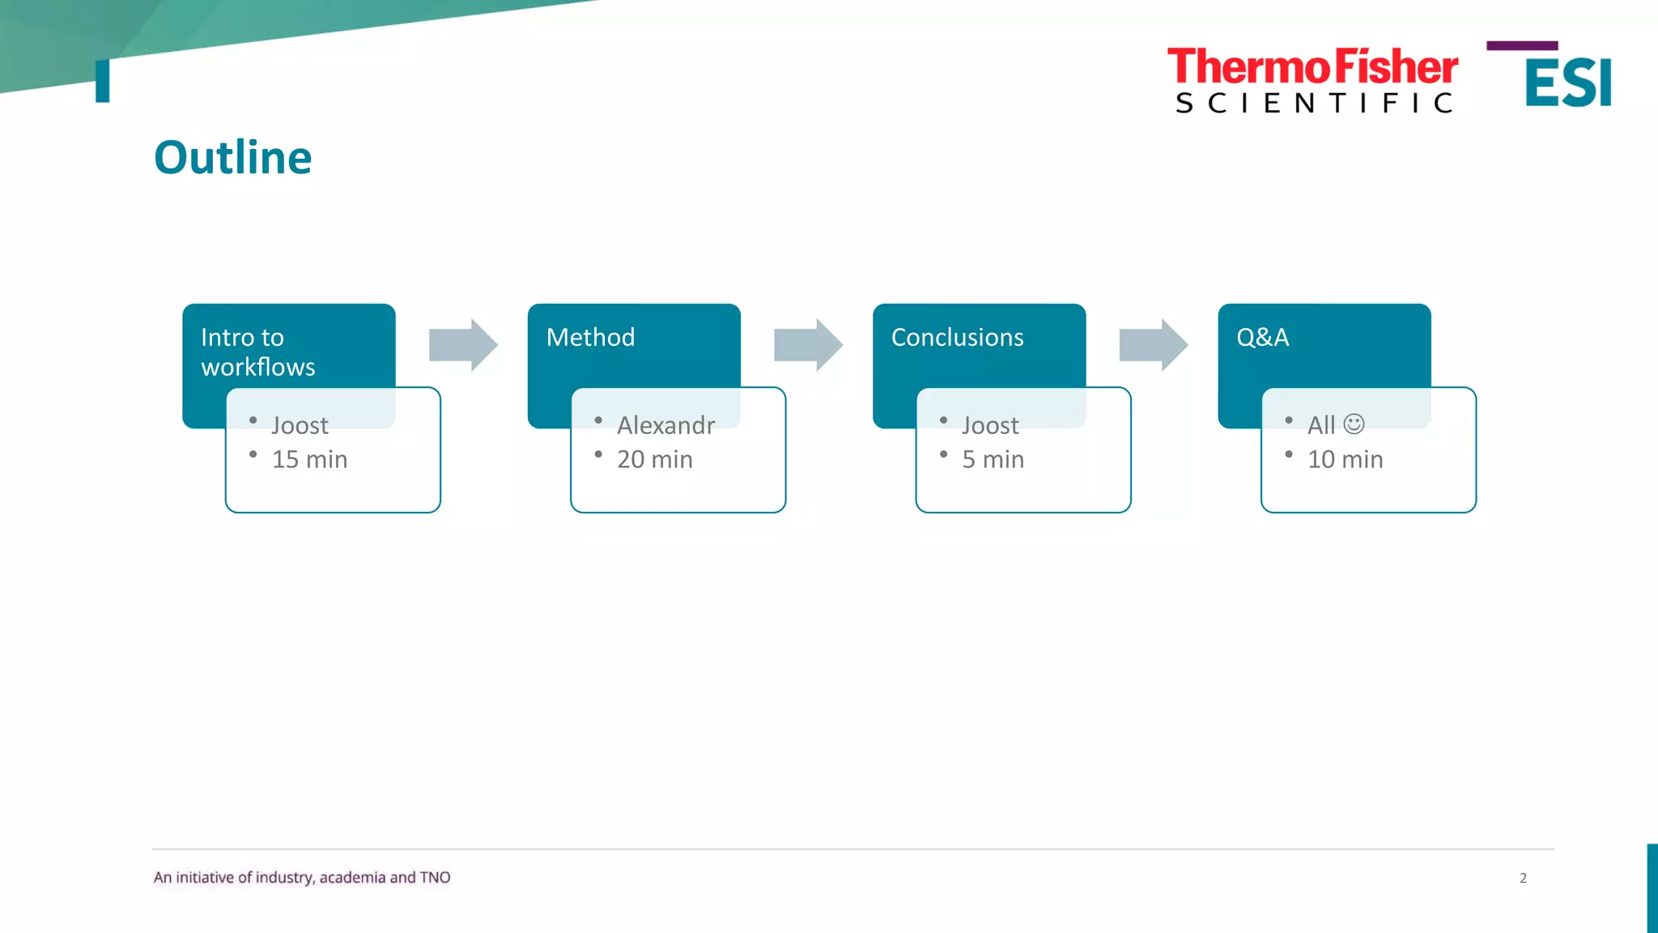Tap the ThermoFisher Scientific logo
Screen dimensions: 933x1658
(1312, 79)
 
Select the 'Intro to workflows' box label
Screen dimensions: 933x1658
(257, 351)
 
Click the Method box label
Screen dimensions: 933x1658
(590, 337)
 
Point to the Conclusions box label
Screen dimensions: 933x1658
(957, 337)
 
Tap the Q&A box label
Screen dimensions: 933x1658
(1262, 337)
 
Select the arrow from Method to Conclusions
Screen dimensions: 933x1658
(808, 345)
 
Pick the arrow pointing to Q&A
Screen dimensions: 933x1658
(1153, 345)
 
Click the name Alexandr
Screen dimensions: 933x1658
(665, 425)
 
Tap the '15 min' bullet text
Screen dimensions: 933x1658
(309, 459)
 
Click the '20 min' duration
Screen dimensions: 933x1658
(654, 459)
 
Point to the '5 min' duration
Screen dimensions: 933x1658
(993, 459)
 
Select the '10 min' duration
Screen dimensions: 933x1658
(1345, 459)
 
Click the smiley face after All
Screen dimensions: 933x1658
(1354, 424)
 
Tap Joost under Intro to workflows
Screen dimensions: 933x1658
(300, 425)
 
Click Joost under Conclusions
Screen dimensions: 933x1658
(990, 425)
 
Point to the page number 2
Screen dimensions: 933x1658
(1523, 878)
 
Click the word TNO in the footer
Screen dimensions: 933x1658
(435, 877)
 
